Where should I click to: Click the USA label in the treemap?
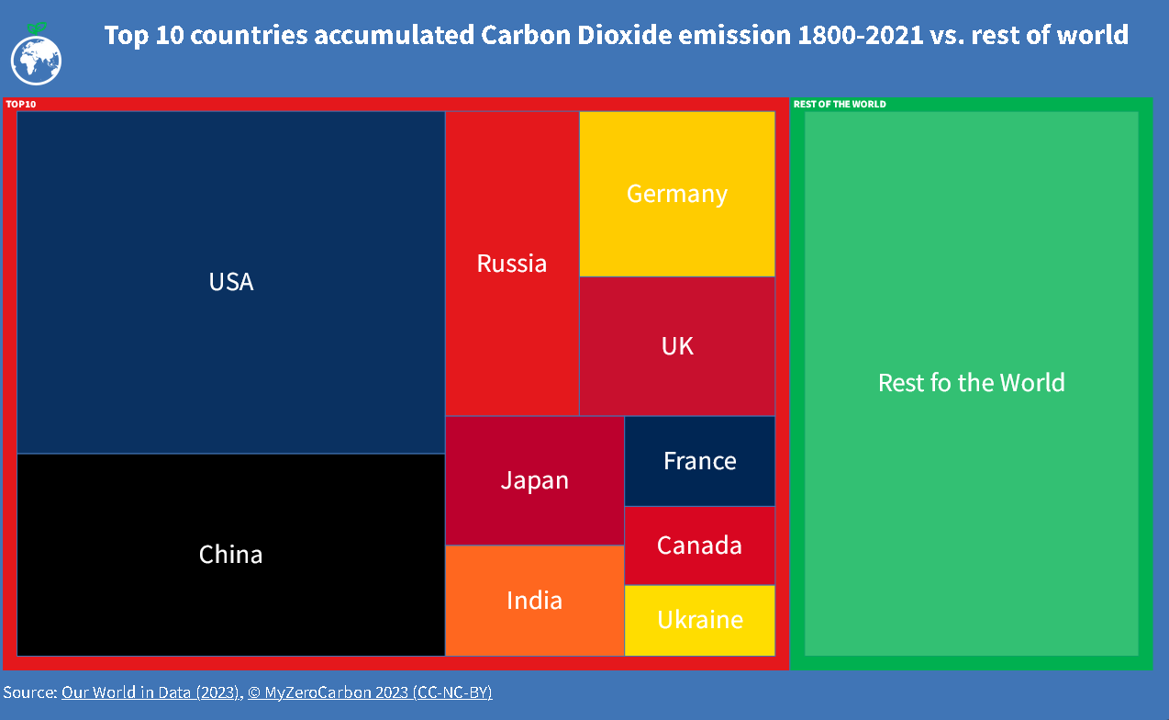coord(231,282)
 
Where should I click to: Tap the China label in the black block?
coord(231,555)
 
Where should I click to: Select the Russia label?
coord(512,264)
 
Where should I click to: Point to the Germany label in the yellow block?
coord(677,194)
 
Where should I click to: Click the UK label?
coord(677,346)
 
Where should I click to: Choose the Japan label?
coord(535,480)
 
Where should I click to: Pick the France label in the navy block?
coord(700,460)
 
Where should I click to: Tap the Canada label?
coord(699,546)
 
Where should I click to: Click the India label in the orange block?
coord(535,601)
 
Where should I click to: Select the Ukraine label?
coord(700,620)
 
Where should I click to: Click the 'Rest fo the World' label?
coord(972,382)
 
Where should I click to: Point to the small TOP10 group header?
coord(21,104)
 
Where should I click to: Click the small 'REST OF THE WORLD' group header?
coord(840,104)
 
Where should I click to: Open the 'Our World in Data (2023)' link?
coord(150,692)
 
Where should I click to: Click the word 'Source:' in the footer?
coord(30,692)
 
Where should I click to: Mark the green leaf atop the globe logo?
coord(37,28)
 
